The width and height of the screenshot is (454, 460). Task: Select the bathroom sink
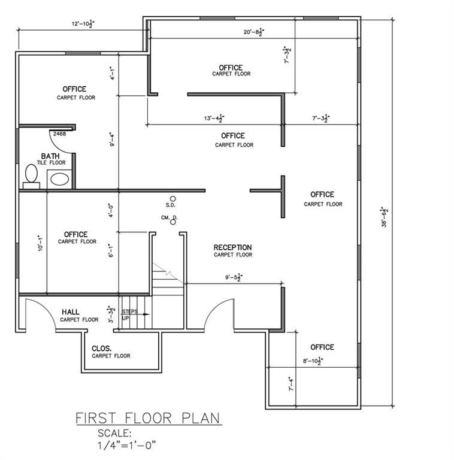click(59, 178)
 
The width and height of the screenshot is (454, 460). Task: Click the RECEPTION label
click(232, 247)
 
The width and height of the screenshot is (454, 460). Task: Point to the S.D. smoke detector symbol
click(173, 198)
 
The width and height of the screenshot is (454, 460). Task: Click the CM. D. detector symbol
click(173, 222)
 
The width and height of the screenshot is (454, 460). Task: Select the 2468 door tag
click(59, 134)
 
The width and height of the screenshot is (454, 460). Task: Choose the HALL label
click(71, 312)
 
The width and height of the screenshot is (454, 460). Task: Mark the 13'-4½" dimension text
click(214, 119)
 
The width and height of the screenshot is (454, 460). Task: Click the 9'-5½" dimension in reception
click(233, 277)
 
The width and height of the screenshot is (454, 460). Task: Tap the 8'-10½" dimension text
click(313, 361)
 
